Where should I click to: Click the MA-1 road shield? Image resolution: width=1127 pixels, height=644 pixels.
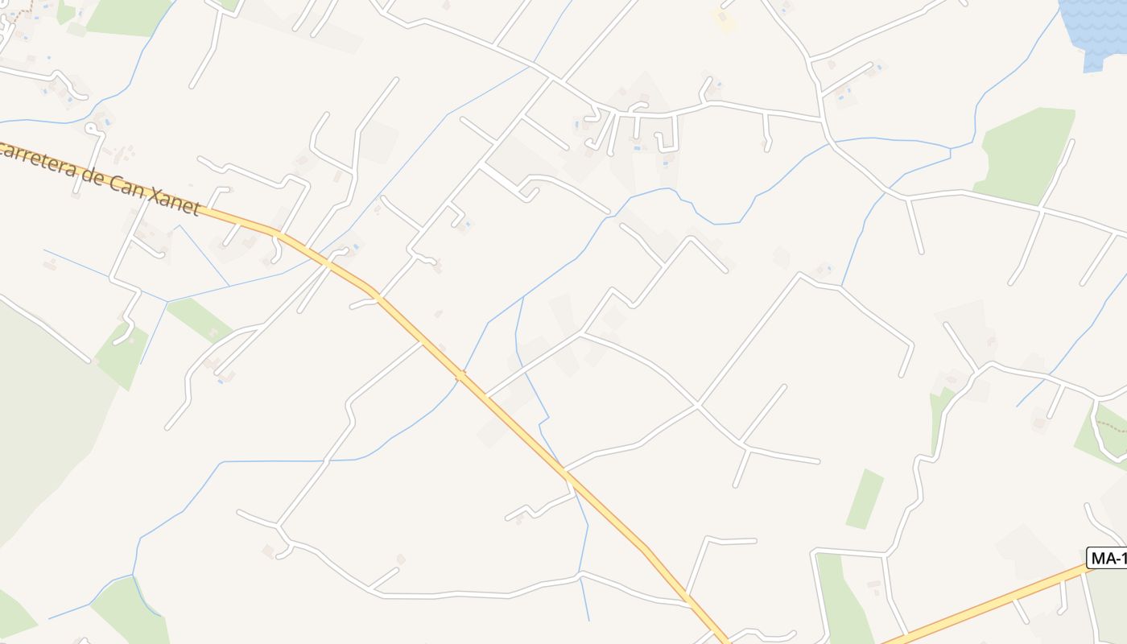pyautogui.click(x=1107, y=558)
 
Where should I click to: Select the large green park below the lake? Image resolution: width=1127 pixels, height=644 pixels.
pyautogui.click(x=1026, y=153)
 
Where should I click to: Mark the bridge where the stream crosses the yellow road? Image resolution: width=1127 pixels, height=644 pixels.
pyautogui.click(x=460, y=374)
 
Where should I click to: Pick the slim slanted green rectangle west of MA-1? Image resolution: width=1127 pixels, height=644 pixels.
pyautogui.click(x=865, y=499)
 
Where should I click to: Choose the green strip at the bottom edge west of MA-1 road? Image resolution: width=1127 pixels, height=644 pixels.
pyautogui.click(x=841, y=604)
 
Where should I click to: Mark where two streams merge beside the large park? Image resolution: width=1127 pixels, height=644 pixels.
pyautogui.click(x=952, y=149)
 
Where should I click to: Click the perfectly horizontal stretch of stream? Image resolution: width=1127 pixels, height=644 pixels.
pyautogui.click(x=274, y=461)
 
